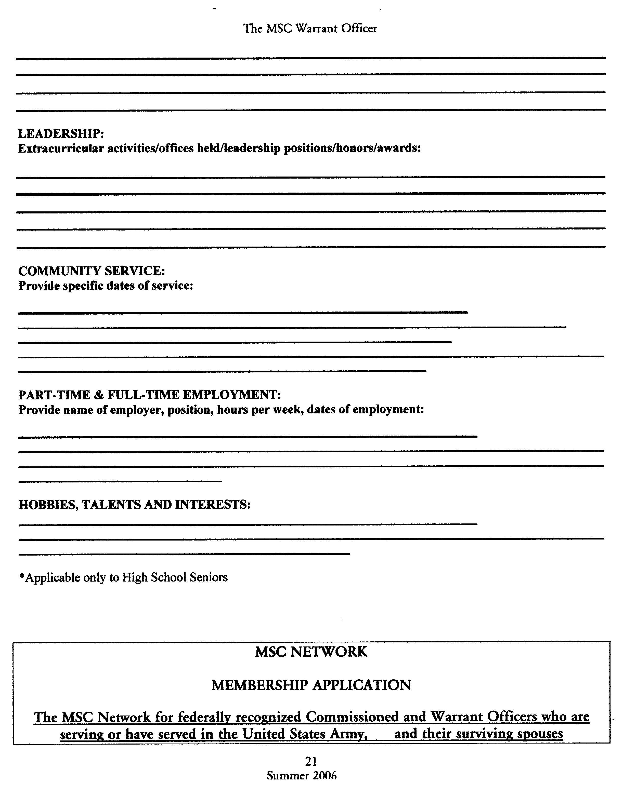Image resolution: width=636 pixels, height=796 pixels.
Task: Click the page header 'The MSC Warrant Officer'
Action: point(310,29)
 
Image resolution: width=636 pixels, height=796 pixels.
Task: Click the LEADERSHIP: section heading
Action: point(61,133)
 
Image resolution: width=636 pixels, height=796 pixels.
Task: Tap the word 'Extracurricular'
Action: point(61,149)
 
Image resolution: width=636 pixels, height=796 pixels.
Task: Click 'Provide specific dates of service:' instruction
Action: point(106,286)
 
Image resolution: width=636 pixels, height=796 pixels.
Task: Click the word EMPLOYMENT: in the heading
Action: point(232,395)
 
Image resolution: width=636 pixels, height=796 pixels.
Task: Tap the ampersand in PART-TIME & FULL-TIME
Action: point(99,395)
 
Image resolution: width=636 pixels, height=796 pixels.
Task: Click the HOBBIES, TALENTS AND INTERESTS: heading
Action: point(135,504)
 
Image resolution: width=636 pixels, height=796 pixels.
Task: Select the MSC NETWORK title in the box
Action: point(311,652)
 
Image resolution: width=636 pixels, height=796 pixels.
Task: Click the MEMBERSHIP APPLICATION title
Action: point(311,685)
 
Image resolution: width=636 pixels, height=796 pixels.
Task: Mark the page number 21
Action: point(311,761)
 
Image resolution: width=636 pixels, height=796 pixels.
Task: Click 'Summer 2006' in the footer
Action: point(302,776)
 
